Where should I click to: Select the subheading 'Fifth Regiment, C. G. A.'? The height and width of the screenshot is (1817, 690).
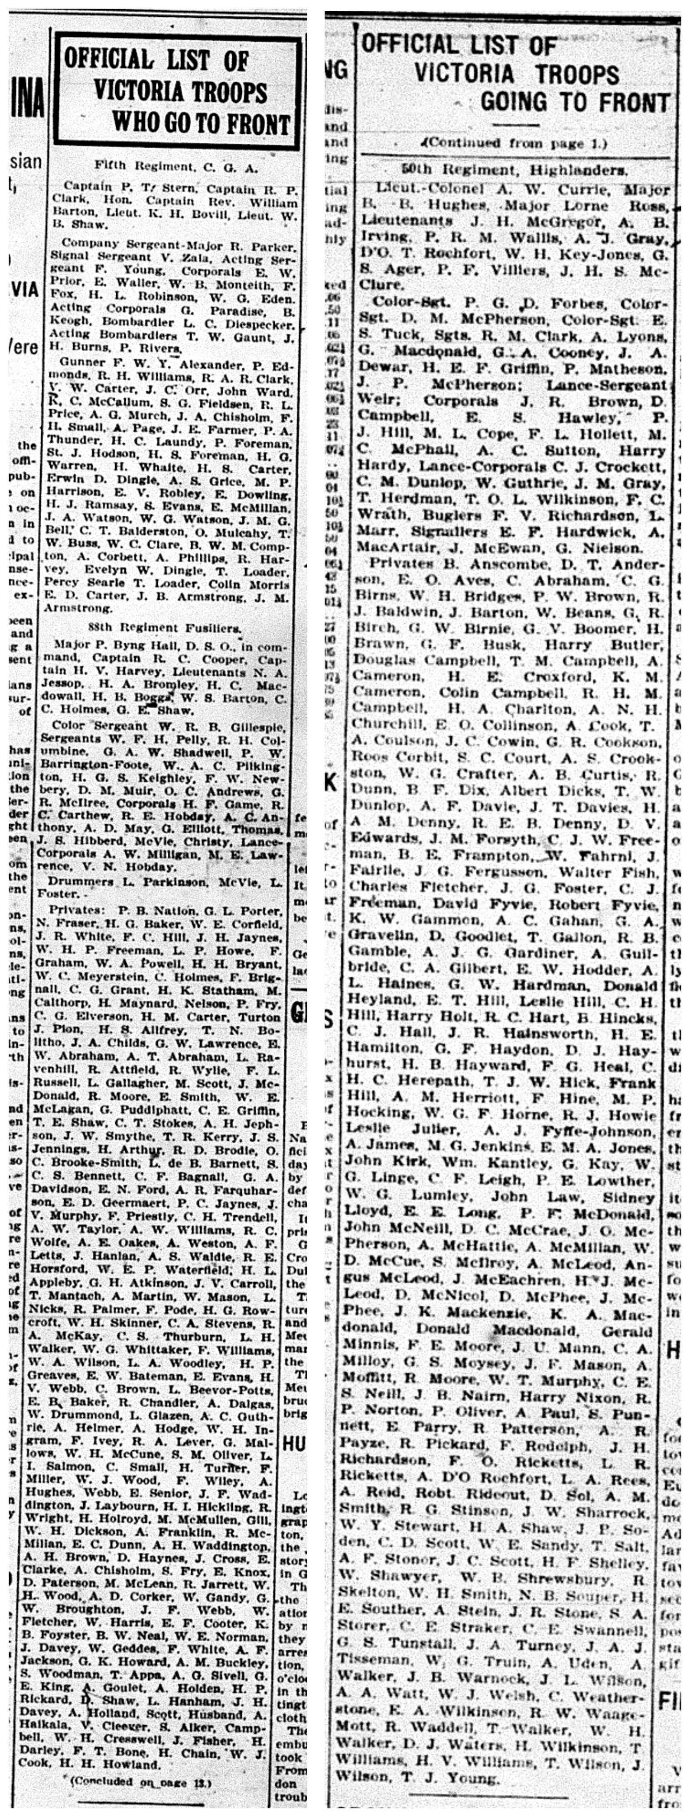click(x=176, y=167)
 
